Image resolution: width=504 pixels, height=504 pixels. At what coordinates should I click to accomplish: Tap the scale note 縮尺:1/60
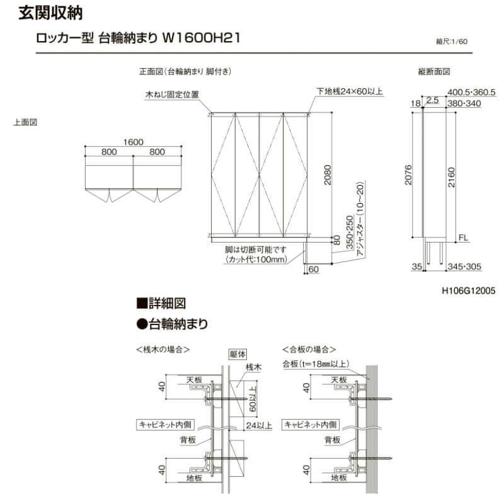[452, 42]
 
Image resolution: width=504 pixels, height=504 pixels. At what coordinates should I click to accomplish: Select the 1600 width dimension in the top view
[133, 142]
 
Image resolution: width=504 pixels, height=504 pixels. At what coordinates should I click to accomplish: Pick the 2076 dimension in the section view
[409, 174]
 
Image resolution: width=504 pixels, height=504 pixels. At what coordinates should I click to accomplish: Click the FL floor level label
[462, 238]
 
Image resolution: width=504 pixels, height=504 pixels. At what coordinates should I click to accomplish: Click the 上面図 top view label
[25, 123]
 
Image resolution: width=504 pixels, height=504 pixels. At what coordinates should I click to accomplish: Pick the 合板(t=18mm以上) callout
[316, 364]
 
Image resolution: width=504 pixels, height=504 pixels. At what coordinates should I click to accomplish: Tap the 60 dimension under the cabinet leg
[314, 270]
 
